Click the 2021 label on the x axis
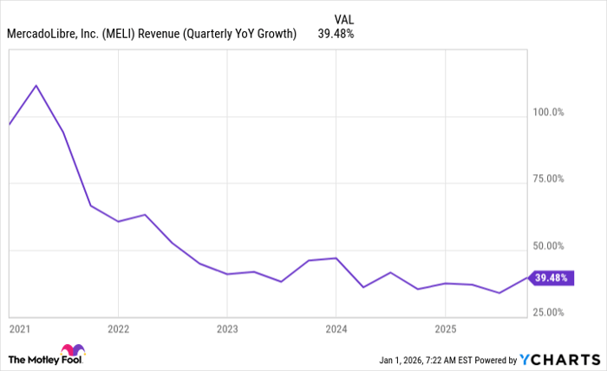coord(18,329)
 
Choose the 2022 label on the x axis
coord(118,329)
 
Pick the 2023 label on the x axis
coord(226,329)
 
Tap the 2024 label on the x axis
coord(336,329)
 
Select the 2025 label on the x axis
coord(444,329)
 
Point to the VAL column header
coord(343,17)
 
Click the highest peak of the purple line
coord(36,85)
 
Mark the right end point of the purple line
coord(526,277)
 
